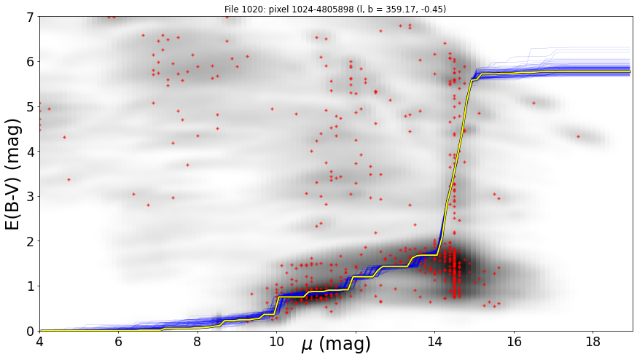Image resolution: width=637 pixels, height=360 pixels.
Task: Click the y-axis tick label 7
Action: (x=30, y=17)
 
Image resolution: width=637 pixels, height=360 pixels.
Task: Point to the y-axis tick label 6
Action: (x=30, y=62)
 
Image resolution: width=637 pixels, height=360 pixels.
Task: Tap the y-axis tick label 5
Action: (x=30, y=107)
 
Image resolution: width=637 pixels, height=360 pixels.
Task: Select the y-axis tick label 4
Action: (x=30, y=152)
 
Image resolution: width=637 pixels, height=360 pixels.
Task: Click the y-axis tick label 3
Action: (x=30, y=197)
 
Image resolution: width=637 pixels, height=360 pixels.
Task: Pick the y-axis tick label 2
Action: (x=30, y=241)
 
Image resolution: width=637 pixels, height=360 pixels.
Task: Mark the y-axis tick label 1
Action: (x=30, y=286)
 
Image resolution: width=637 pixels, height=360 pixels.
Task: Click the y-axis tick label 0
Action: (x=30, y=331)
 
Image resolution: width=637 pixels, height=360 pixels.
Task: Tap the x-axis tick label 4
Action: (x=39, y=342)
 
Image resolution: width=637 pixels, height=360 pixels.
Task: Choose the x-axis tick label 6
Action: (x=118, y=342)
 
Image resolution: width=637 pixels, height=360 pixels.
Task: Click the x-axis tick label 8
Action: (x=198, y=342)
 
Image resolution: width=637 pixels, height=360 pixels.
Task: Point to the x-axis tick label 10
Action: (x=277, y=342)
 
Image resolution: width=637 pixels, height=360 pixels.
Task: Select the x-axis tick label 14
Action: (x=434, y=342)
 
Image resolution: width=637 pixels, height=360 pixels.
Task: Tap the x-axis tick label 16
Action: (x=514, y=342)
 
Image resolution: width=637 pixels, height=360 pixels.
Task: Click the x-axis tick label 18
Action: (x=593, y=342)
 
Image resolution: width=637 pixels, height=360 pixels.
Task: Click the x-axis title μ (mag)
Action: (x=336, y=345)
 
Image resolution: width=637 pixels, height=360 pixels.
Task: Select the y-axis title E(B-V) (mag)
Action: (x=12, y=174)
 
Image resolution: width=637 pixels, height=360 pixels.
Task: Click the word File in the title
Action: (x=231, y=9)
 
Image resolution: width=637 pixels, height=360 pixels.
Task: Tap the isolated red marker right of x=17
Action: (x=578, y=136)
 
